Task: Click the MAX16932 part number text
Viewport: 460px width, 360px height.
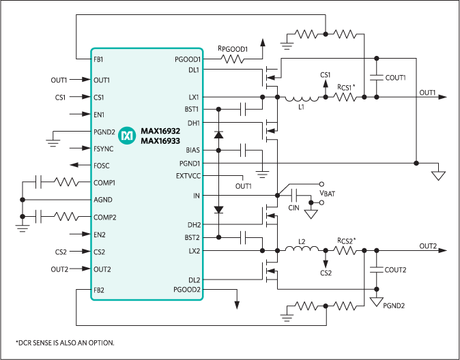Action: tap(160, 130)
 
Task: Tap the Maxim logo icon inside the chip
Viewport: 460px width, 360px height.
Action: tap(127, 136)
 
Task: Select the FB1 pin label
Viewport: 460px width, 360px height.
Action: tap(98, 59)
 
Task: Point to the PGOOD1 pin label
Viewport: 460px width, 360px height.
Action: tap(188, 59)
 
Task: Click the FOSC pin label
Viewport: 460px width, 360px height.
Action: tap(101, 166)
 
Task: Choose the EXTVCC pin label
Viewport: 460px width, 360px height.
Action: tap(188, 176)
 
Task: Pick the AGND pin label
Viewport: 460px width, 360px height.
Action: tap(102, 200)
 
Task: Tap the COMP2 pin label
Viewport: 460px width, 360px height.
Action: tap(104, 217)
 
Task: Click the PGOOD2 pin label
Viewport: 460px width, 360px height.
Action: tap(188, 290)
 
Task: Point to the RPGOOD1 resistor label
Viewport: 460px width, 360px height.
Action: tap(232, 49)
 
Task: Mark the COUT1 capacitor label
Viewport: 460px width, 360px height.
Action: tap(395, 78)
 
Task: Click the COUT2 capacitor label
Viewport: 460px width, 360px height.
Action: tap(395, 270)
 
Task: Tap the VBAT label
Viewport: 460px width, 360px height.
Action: tap(328, 194)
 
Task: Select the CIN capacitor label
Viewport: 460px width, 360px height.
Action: tap(294, 207)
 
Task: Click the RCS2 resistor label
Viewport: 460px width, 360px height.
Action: tap(347, 241)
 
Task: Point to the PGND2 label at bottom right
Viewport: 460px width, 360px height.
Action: tap(394, 305)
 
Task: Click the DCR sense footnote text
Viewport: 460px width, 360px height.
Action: tap(64, 342)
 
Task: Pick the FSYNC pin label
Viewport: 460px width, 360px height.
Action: tap(103, 149)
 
